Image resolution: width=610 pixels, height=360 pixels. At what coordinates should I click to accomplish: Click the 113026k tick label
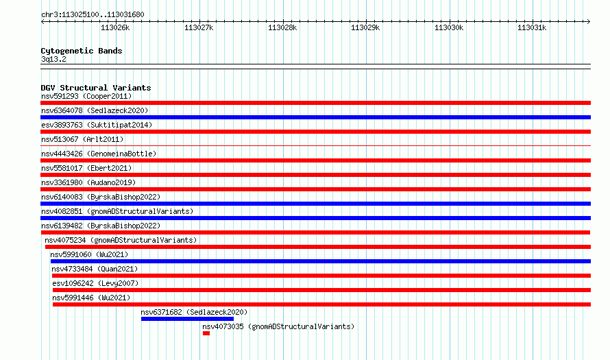coord(115,27)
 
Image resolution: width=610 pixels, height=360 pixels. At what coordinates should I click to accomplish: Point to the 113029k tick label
coord(365,27)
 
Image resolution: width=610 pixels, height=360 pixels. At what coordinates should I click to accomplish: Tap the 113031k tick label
coord(532,27)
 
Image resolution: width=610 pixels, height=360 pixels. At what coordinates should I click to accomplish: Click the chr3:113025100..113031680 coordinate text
coord(93,15)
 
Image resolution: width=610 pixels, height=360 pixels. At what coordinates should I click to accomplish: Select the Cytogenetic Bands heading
coord(82,51)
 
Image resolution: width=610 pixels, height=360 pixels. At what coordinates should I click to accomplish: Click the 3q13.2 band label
coord(53,59)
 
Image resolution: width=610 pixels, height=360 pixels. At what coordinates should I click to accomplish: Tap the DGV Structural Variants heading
coord(96,88)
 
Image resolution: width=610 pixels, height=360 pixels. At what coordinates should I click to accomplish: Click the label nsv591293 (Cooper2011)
coord(86,96)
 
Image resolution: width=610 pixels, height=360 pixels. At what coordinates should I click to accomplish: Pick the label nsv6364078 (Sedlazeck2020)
coord(95,110)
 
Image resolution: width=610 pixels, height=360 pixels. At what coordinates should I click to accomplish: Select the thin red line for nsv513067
coord(315,146)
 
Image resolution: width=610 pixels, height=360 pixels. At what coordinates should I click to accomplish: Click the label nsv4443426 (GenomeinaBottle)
coord(99,154)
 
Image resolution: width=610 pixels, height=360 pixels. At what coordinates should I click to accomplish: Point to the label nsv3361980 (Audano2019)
coord(88,182)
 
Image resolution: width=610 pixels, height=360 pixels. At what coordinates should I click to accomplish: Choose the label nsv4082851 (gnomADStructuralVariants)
coord(117,211)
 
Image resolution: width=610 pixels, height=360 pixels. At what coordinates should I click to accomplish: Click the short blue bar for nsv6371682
coord(187,319)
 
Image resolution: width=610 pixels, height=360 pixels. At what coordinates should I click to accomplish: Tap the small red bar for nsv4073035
coord(206,333)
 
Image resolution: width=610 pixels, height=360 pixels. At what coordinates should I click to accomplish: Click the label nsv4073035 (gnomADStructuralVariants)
coord(278,326)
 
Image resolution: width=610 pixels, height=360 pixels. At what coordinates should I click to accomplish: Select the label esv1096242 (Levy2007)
coord(95,283)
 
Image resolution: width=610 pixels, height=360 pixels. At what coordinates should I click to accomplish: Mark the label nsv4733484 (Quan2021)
coord(95,269)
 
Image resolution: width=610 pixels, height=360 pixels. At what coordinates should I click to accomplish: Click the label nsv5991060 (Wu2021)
coord(89,254)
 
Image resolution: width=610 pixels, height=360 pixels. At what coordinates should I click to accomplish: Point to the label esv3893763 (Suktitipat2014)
coord(97,125)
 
